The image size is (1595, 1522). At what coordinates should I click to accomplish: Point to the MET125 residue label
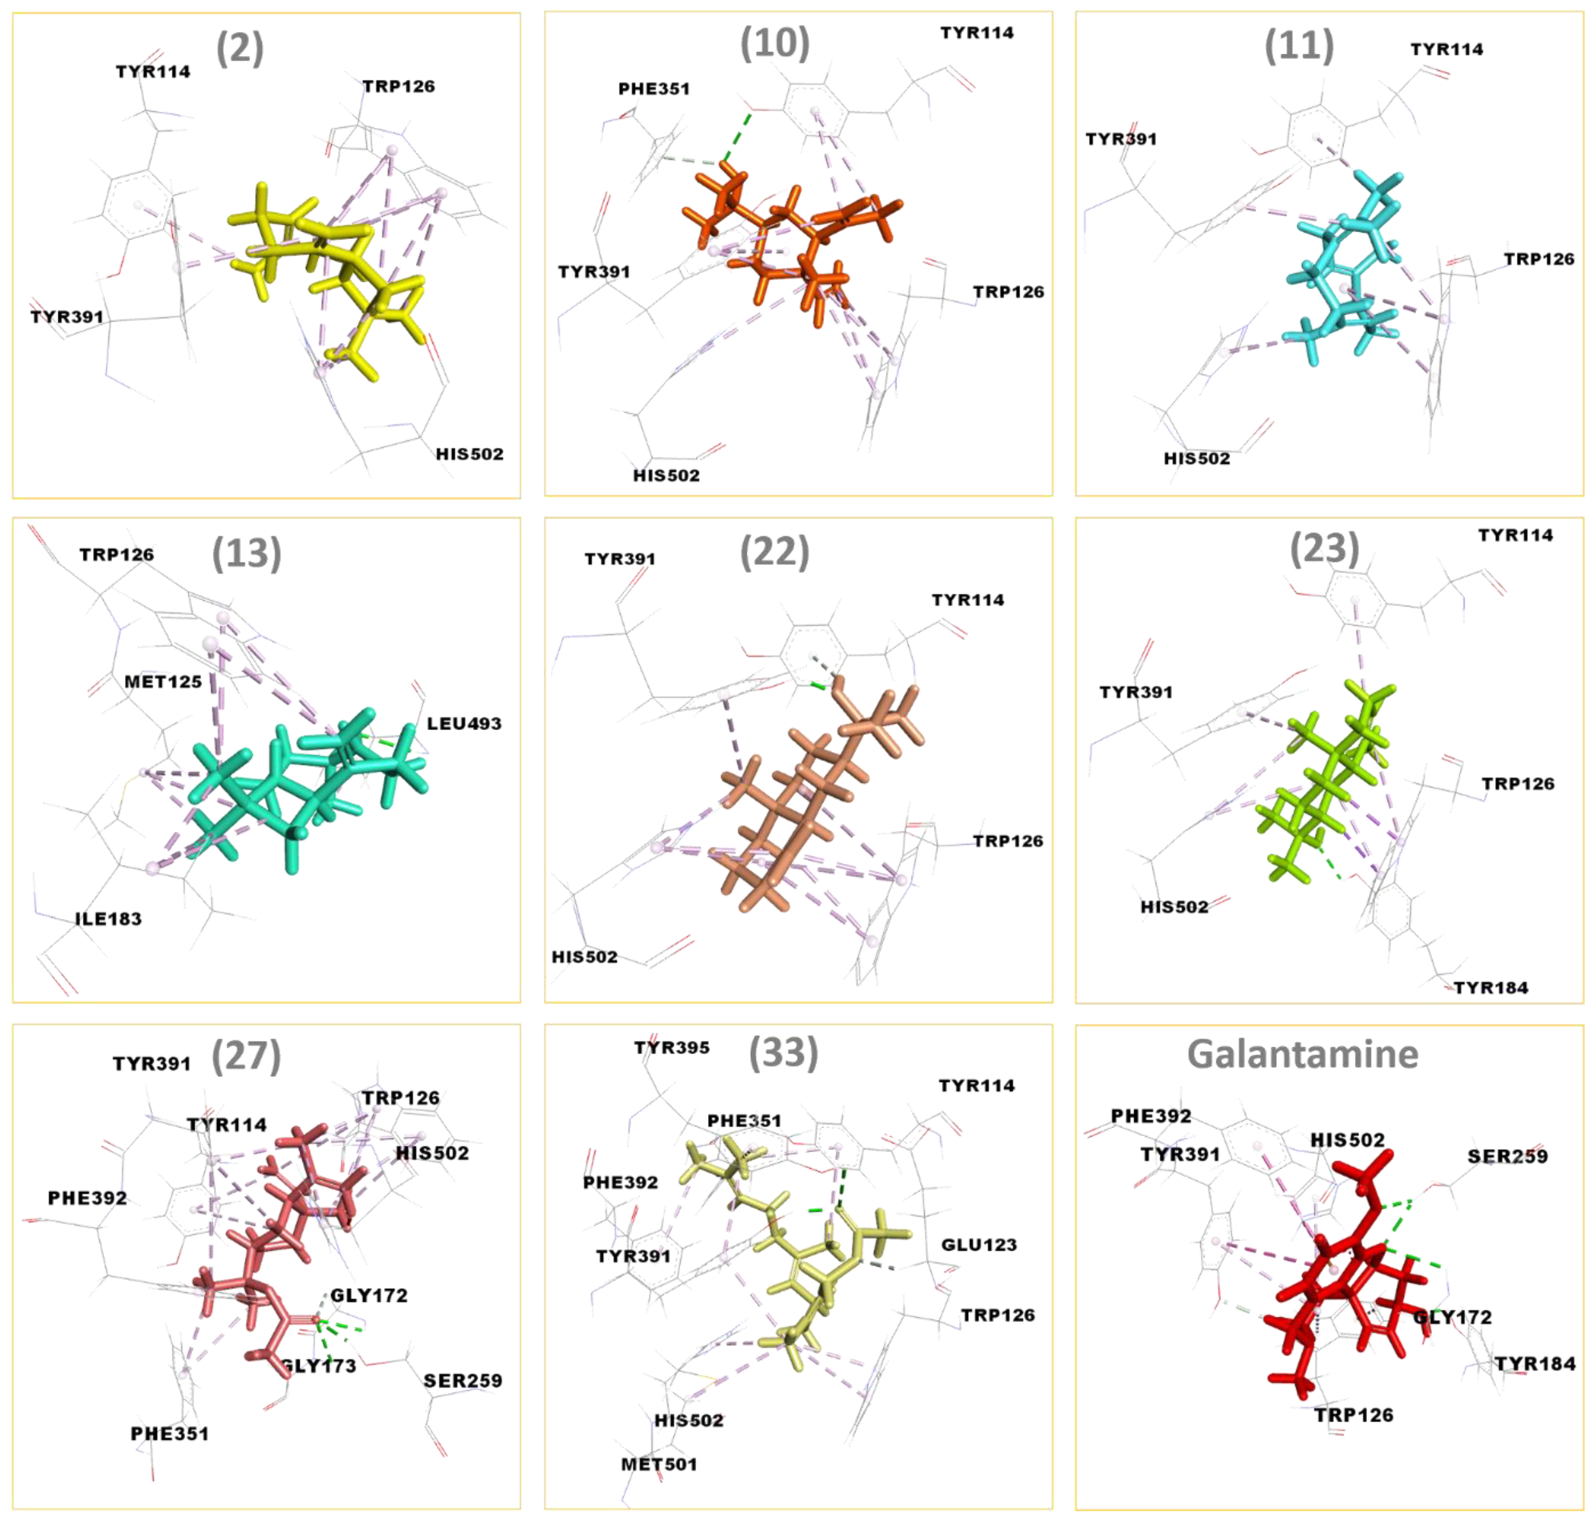[163, 682]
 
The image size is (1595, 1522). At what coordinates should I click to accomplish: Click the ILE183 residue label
[108, 918]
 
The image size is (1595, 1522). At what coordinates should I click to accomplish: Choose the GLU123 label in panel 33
[979, 1245]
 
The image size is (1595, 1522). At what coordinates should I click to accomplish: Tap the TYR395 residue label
[672, 1048]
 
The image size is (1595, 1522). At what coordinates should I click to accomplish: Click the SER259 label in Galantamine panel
[1506, 1156]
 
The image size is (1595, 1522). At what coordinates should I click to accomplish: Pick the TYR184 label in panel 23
[1490, 987]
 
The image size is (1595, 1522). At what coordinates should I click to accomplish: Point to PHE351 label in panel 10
[654, 89]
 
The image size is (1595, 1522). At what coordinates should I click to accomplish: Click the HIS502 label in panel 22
[584, 956]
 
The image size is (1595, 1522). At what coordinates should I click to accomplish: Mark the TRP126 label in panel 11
[1538, 259]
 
